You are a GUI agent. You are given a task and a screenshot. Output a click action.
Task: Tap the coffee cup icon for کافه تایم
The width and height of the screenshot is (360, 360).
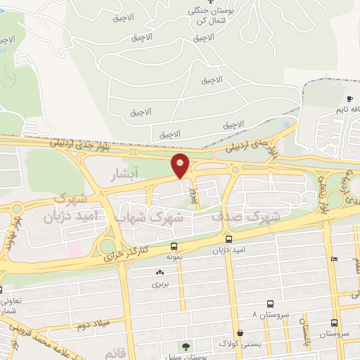pyautogui.click(x=349, y=99)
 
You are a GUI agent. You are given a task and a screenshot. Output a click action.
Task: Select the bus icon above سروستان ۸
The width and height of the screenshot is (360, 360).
pyautogui.click(x=260, y=304)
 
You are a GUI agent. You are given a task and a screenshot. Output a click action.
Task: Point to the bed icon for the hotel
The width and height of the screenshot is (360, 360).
pyautogui.click(x=334, y=259)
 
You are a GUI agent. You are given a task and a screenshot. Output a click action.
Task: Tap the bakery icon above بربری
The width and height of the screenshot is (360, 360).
pyautogui.click(x=160, y=273)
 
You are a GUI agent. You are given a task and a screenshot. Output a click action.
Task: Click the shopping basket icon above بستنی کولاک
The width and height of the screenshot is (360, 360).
pyautogui.click(x=240, y=333)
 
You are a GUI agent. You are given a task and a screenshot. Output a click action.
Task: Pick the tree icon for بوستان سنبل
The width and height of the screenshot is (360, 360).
pyautogui.click(x=186, y=346)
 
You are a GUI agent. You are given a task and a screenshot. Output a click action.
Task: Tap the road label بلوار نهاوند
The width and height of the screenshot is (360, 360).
pyautogui.click(x=13, y=231)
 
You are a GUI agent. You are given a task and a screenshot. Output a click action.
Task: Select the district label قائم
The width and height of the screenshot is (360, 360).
pyautogui.click(x=113, y=350)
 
